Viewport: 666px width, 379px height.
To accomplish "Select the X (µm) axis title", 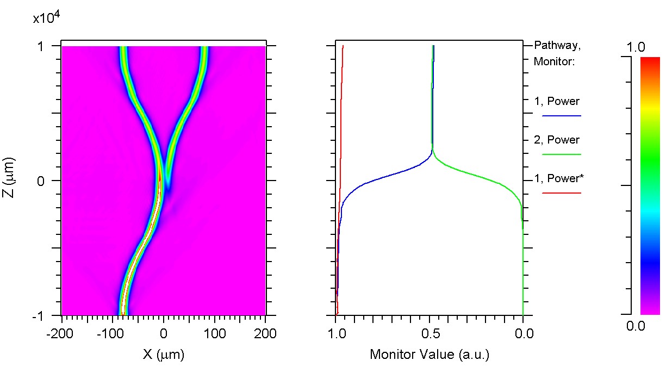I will point(164,355).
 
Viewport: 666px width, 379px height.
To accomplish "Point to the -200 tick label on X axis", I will point(61,333).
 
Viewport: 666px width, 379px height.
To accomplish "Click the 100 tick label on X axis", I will point(214,333).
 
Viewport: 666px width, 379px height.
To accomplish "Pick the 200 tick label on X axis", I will point(265,333).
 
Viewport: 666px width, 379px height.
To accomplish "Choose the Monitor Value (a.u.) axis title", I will point(430,355).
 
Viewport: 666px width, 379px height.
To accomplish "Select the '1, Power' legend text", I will point(557,101).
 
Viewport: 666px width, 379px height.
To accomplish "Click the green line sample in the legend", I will point(562,154).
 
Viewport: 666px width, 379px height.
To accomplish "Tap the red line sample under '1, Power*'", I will point(562,193).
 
